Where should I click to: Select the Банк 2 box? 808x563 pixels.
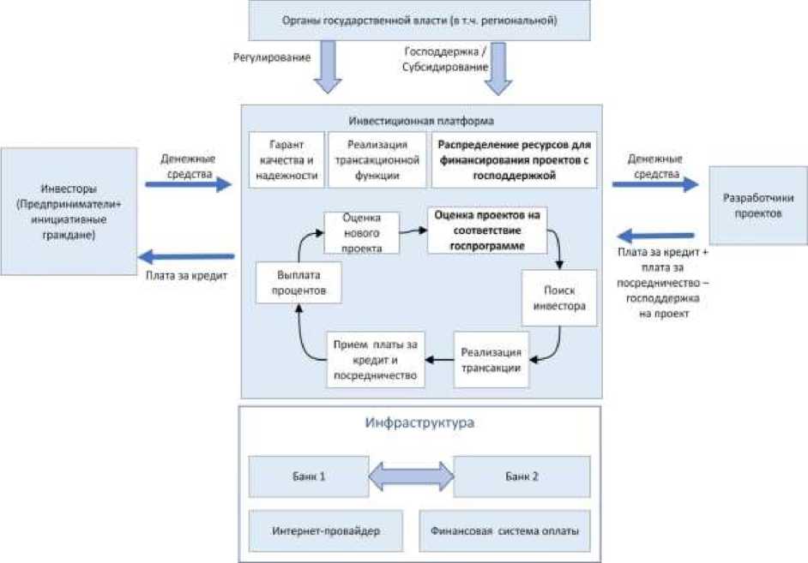(522, 476)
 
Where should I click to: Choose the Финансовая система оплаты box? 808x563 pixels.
(504, 531)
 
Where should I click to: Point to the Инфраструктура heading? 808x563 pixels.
(419, 423)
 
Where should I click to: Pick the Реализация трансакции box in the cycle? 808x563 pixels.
(491, 359)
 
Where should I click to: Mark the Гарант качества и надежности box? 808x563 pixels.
(286, 159)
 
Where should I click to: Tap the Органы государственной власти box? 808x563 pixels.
(419, 20)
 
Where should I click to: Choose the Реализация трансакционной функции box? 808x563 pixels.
(377, 159)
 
